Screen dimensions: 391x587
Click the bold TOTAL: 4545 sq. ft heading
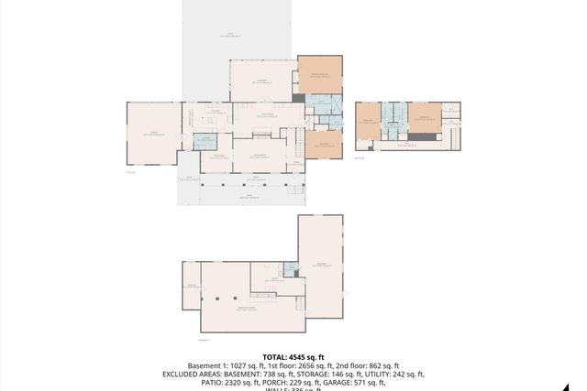293,356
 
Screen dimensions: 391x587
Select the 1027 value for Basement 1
243,365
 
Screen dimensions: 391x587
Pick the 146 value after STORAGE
329,374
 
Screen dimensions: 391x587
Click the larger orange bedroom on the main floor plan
319,75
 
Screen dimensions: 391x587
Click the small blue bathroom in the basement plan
290,268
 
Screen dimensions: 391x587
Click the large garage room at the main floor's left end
152,133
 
